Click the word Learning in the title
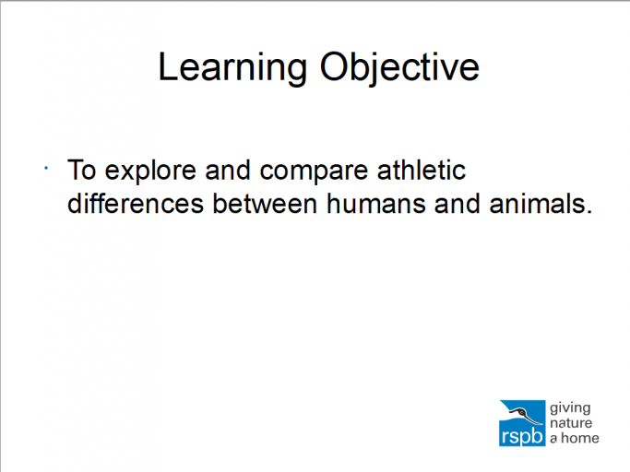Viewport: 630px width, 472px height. click(232, 68)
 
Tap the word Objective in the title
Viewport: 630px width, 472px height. click(398, 68)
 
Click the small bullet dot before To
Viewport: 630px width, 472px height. click(45, 168)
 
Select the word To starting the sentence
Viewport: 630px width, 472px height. click(81, 171)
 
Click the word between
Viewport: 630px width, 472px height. click(266, 204)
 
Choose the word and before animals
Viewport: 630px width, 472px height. click(453, 204)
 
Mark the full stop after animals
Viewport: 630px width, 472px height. click(588, 211)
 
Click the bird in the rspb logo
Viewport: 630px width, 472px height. click(524, 412)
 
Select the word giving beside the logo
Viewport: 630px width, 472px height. click(570, 407)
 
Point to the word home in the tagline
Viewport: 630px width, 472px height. click(581, 438)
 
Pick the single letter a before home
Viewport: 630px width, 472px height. click(554, 439)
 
